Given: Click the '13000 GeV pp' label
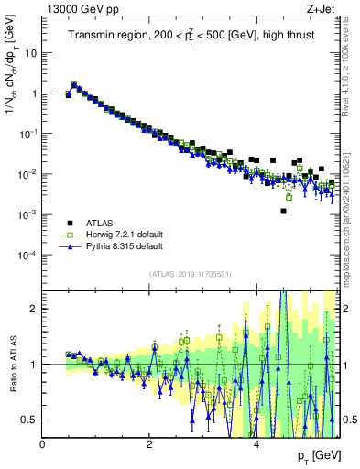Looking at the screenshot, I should pyautogui.click(x=79, y=10).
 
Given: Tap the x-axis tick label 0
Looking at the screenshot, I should pyautogui.click(x=42, y=443).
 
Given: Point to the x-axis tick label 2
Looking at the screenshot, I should pyautogui.click(x=149, y=443).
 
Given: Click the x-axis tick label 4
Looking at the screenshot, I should pyautogui.click(x=256, y=443).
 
